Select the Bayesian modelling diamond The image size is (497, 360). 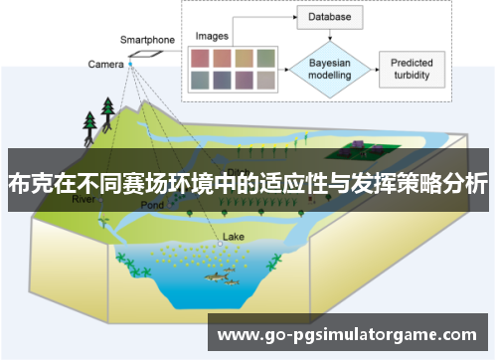pos(327,67)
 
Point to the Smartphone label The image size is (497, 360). pos(147,40)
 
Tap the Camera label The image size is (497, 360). pos(104,64)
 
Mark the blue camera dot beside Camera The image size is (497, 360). pos(129,64)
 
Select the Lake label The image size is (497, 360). pos(233,237)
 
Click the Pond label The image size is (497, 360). pos(151,205)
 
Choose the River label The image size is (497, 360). pos(84,199)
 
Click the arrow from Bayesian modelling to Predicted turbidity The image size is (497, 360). pos(377,67)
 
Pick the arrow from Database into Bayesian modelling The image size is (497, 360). pos(327,37)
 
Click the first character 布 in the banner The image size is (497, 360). pos(17,184)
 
